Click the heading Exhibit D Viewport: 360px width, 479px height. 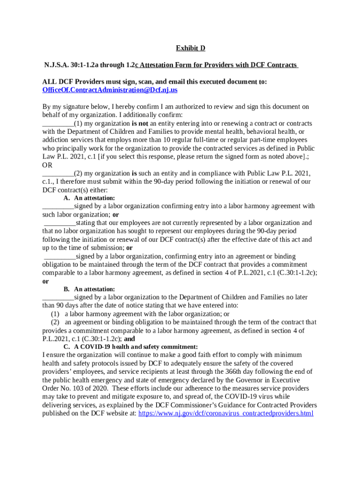[x=190, y=48]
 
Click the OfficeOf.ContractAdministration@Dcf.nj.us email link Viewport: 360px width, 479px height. [x=110, y=90]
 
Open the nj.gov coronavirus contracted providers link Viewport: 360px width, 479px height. [x=226, y=414]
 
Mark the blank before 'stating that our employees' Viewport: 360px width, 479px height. [x=59, y=223]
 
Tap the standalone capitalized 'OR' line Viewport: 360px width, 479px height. [x=47, y=165]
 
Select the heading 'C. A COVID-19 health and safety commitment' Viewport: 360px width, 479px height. [x=130, y=347]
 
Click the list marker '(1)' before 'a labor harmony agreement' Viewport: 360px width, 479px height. [x=56, y=314]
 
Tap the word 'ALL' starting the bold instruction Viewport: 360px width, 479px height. [x=50, y=81]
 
